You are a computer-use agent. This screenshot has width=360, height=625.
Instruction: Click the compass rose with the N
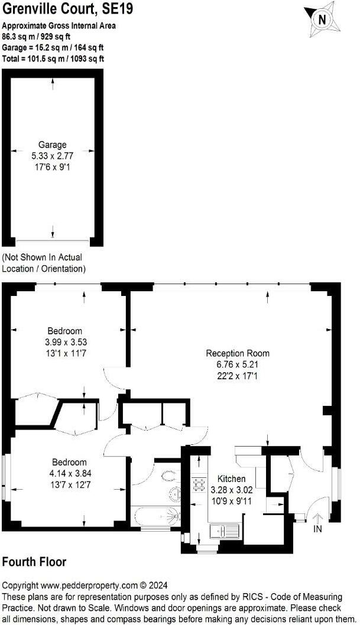point(323,19)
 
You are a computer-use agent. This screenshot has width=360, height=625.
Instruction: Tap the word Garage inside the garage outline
point(53,145)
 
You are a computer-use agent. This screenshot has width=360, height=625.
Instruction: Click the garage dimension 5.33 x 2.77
point(53,156)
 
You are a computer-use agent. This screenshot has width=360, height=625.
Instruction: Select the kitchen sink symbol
point(225,530)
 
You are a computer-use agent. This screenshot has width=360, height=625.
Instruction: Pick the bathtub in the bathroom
point(155,514)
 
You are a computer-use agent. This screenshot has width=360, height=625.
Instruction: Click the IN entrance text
point(317,529)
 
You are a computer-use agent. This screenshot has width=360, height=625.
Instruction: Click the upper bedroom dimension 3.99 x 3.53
point(66,342)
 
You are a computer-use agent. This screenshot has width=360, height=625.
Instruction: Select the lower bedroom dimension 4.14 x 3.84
point(70,473)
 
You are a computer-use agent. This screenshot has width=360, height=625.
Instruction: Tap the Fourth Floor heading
point(34,562)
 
